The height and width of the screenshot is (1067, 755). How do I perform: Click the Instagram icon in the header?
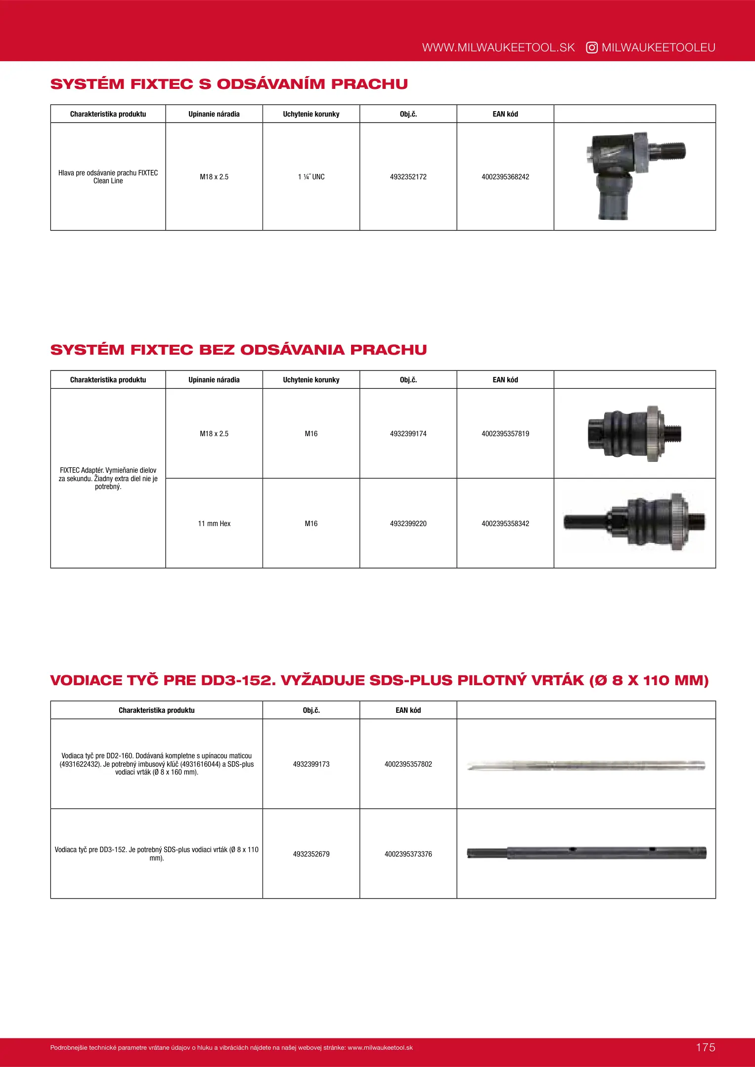tap(591, 47)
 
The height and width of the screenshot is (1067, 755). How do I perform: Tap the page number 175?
tap(705, 1047)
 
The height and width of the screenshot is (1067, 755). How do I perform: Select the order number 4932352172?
tap(408, 177)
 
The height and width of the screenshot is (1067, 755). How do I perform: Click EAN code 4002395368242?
tap(505, 177)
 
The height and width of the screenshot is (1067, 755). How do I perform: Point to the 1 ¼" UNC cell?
tap(311, 177)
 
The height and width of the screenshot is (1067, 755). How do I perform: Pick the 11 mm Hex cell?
tap(214, 524)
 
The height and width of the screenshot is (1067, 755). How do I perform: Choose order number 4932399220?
tap(408, 524)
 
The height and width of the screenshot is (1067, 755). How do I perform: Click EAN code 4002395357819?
tap(505, 434)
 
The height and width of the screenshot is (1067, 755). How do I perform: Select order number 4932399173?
tap(311, 764)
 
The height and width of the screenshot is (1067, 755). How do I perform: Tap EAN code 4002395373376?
tap(408, 854)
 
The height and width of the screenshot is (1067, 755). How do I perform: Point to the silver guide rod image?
tap(586, 766)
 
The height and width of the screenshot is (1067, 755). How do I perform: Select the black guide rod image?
tap(586, 853)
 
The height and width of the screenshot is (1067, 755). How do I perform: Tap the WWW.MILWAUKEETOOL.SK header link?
tap(498, 47)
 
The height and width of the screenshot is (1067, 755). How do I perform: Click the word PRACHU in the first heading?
tap(369, 84)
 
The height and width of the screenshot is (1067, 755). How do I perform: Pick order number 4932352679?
tap(311, 854)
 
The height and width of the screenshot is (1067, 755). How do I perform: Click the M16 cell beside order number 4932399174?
tap(311, 434)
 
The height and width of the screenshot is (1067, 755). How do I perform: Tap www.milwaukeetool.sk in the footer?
tap(380, 1048)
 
